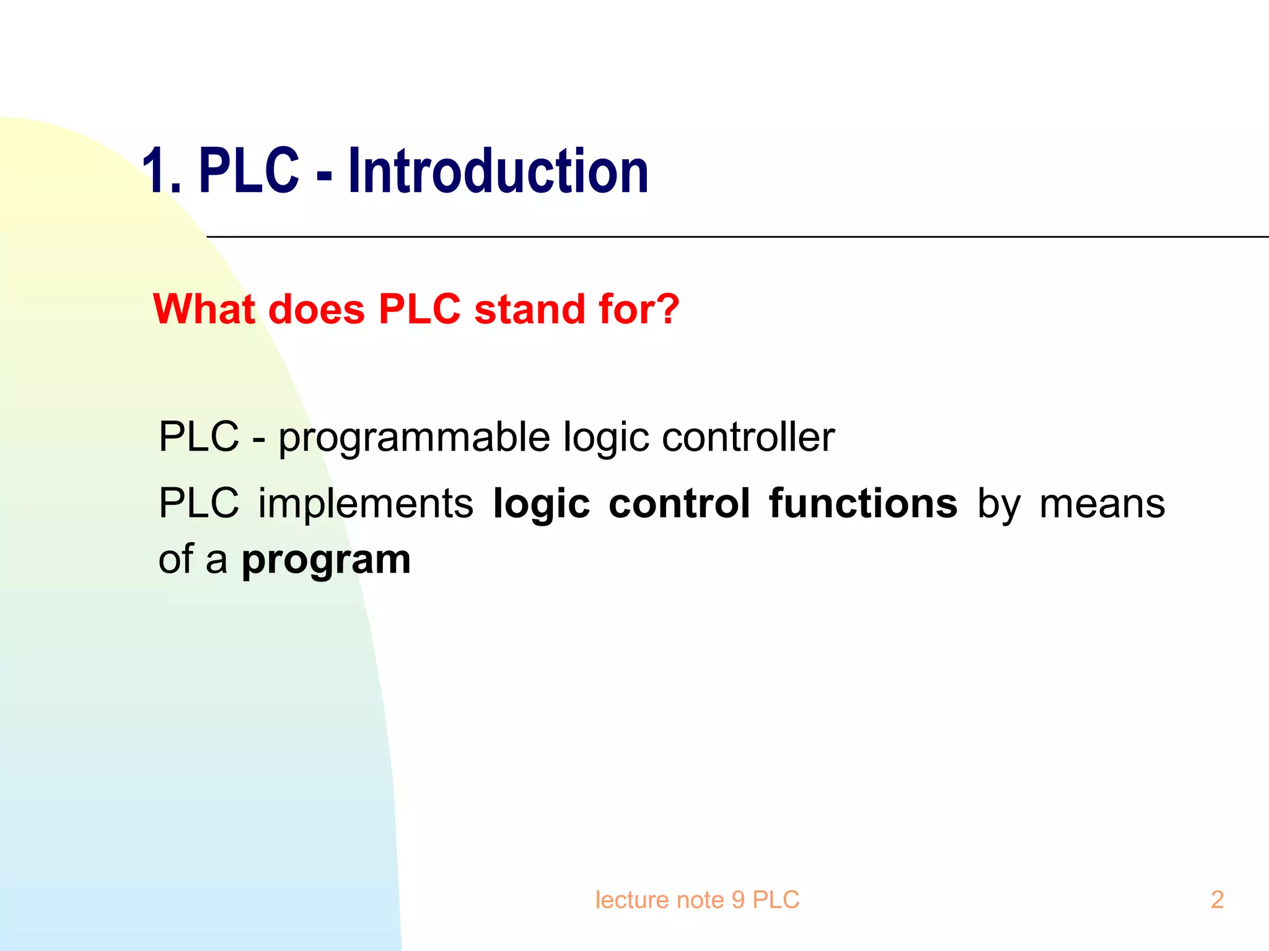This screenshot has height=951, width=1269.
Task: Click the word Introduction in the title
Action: tap(498, 171)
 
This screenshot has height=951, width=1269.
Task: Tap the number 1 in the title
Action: tap(156, 172)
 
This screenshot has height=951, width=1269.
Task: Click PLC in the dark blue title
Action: tap(249, 171)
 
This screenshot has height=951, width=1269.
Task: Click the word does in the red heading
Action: tap(317, 309)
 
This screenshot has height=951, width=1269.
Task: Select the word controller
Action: tap(748, 437)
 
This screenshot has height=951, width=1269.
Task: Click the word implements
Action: tap(366, 503)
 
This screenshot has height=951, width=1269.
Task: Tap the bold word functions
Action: tap(863, 503)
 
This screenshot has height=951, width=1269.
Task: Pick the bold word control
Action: tap(679, 503)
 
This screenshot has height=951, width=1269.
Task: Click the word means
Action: tap(1102, 503)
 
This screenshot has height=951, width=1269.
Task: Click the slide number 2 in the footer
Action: tap(1217, 900)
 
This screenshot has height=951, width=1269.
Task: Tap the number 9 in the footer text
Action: tap(737, 900)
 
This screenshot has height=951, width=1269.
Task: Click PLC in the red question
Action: tap(419, 309)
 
